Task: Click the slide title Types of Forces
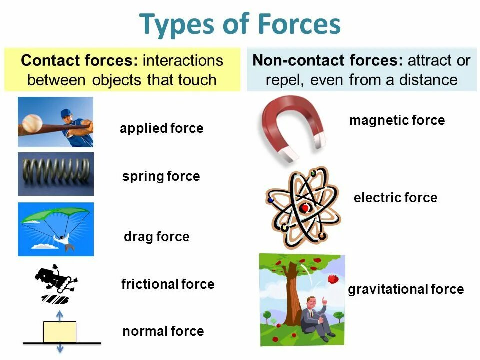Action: tap(240, 24)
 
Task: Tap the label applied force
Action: tap(161, 129)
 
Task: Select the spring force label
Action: tap(161, 176)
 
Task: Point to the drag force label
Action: tap(156, 237)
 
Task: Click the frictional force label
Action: tap(168, 285)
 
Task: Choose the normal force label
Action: tap(163, 331)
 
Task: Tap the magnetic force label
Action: tap(397, 120)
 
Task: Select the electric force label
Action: tap(395, 198)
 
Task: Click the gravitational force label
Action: tap(406, 289)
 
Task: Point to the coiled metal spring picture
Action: tap(55, 174)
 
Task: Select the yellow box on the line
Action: tap(60, 332)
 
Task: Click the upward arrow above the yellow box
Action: tap(60, 315)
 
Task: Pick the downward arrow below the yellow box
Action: tap(60, 348)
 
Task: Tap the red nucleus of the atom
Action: tap(304, 208)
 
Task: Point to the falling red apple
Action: tap(333, 279)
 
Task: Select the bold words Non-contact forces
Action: tap(327, 61)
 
